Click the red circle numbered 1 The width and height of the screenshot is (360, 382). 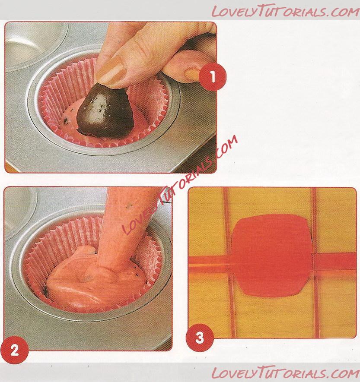coord(212,76)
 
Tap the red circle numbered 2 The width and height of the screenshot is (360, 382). coord(14,350)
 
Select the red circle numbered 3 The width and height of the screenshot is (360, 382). coord(200,338)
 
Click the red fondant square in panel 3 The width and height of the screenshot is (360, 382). coord(272,256)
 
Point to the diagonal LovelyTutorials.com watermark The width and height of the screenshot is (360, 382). coord(179,185)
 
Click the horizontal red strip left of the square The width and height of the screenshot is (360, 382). coord(210,264)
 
